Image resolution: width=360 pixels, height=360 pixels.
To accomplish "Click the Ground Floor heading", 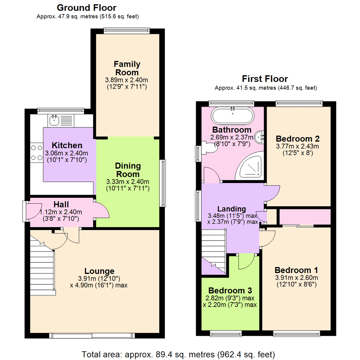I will click(87, 7).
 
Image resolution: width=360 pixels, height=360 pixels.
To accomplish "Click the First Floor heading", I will click(265, 79).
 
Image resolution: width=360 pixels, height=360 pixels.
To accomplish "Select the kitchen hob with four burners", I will click(36, 153).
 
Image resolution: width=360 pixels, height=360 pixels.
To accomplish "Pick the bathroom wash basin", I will click(260, 136).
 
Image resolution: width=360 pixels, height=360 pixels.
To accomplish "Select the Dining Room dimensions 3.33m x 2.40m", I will click(128, 182).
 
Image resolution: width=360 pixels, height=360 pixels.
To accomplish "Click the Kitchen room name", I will click(67, 146).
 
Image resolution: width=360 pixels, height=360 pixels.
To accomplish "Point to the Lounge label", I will click(99, 271).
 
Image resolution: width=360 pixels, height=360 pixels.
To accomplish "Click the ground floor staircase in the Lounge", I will click(42, 267).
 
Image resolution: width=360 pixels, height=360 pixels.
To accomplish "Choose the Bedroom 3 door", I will click(246, 262).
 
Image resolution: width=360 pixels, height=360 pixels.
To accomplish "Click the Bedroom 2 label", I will click(298, 138).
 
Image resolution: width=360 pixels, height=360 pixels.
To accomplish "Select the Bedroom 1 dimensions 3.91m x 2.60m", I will click(296, 278).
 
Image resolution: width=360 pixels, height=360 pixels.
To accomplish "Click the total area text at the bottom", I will click(178, 354).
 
